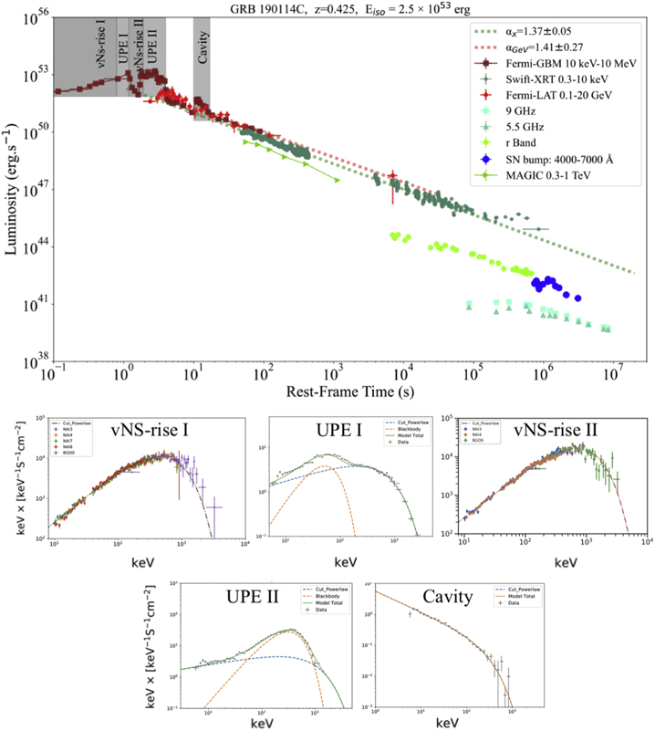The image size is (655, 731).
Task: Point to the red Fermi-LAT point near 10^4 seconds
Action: [x=393, y=176]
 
